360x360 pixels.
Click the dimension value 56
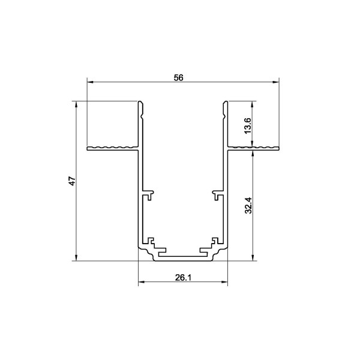(178, 77)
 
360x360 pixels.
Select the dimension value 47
(71, 181)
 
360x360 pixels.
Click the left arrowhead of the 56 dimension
(89, 81)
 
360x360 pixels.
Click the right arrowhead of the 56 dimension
(278, 81)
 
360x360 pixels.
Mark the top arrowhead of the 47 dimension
(76, 104)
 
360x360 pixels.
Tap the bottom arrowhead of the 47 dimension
(76, 259)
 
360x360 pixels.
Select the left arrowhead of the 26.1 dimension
(140, 283)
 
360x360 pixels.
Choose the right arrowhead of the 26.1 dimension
(226, 283)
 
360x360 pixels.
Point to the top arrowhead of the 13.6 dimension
(252, 103)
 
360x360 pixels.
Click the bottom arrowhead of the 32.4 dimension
(252, 259)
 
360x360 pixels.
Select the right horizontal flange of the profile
(254, 148)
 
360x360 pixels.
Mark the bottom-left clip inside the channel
(152, 242)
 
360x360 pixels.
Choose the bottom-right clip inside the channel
(214, 242)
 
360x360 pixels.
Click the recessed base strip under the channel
(183, 259)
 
